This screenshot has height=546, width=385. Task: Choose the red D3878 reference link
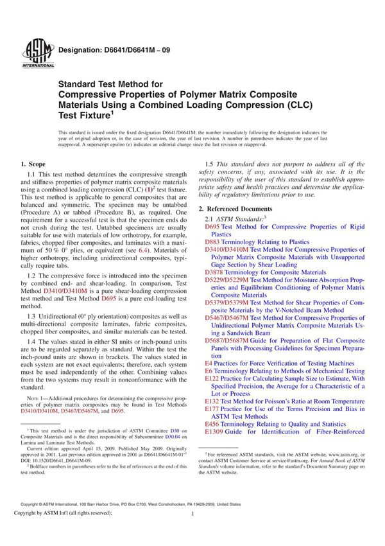coord(216,272)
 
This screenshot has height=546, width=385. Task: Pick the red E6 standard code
coord(209,371)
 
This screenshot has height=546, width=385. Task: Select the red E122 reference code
coord(212,379)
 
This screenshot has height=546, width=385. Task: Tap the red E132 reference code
coord(212,401)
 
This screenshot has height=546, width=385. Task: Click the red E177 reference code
coord(212,409)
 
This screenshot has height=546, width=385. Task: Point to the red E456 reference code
coord(212,424)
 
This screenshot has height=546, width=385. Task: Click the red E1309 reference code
coord(214,432)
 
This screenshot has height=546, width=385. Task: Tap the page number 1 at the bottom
coord(193,532)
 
